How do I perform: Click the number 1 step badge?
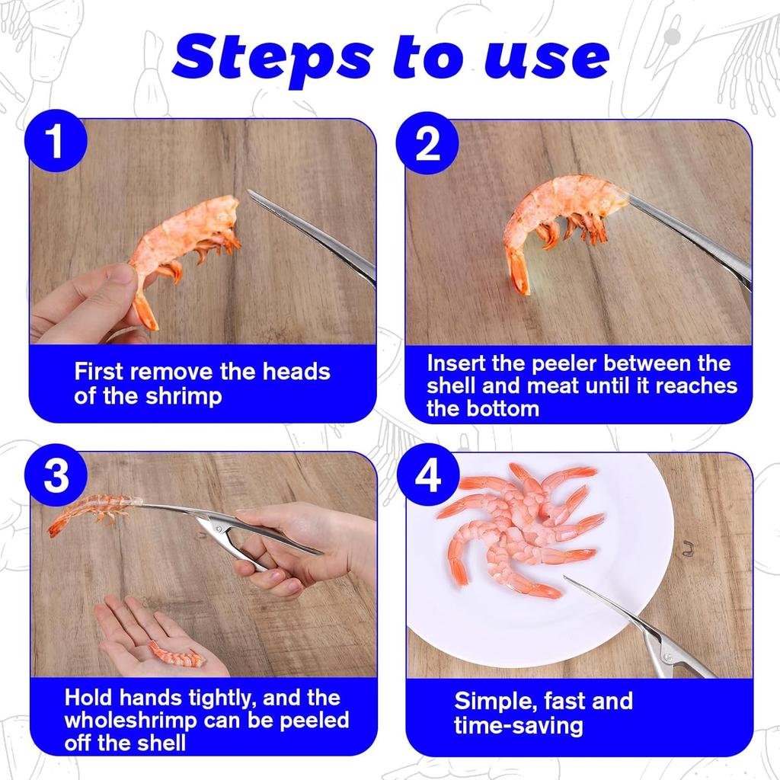point(56,141)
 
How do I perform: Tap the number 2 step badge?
point(427,142)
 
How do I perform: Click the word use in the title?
point(546,59)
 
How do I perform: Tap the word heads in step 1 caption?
point(296,372)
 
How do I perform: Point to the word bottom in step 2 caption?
point(503,409)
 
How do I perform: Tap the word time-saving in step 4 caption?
point(518,726)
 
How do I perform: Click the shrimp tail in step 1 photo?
point(146,312)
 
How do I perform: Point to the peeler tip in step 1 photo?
point(249,191)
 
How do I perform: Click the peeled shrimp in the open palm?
point(177,654)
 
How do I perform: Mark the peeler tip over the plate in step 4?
point(566,578)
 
